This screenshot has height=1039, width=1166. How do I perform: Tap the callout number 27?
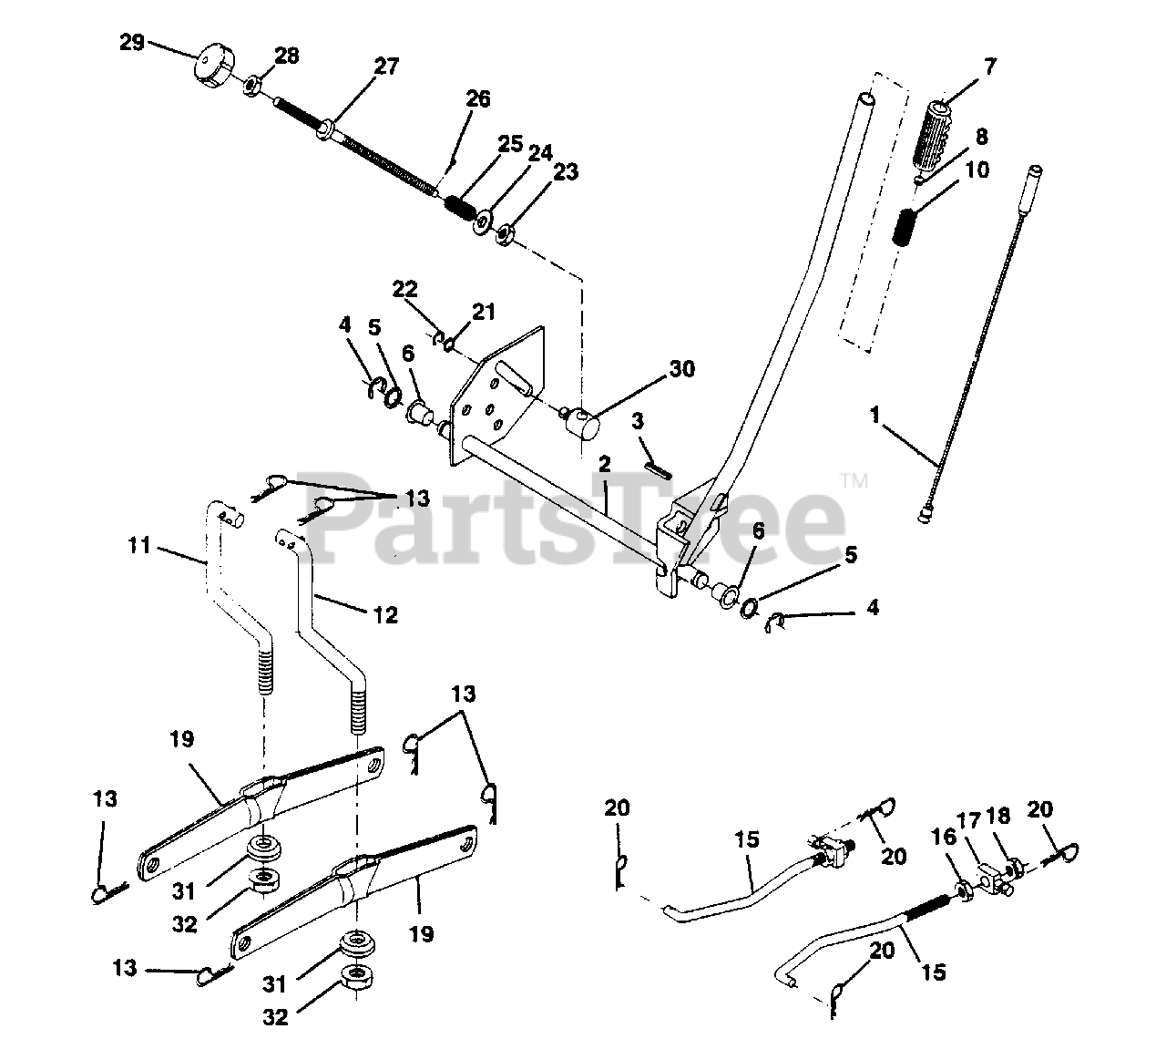coord(385,66)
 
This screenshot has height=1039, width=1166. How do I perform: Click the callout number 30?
coord(681,369)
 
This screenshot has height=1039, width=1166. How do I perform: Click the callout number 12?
coord(385,615)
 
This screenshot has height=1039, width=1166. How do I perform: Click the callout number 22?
coord(404,290)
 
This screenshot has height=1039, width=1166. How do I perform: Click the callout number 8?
coord(981,137)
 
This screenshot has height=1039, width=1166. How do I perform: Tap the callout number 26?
coord(478,98)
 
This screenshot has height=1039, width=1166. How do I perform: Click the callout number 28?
coord(285,56)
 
